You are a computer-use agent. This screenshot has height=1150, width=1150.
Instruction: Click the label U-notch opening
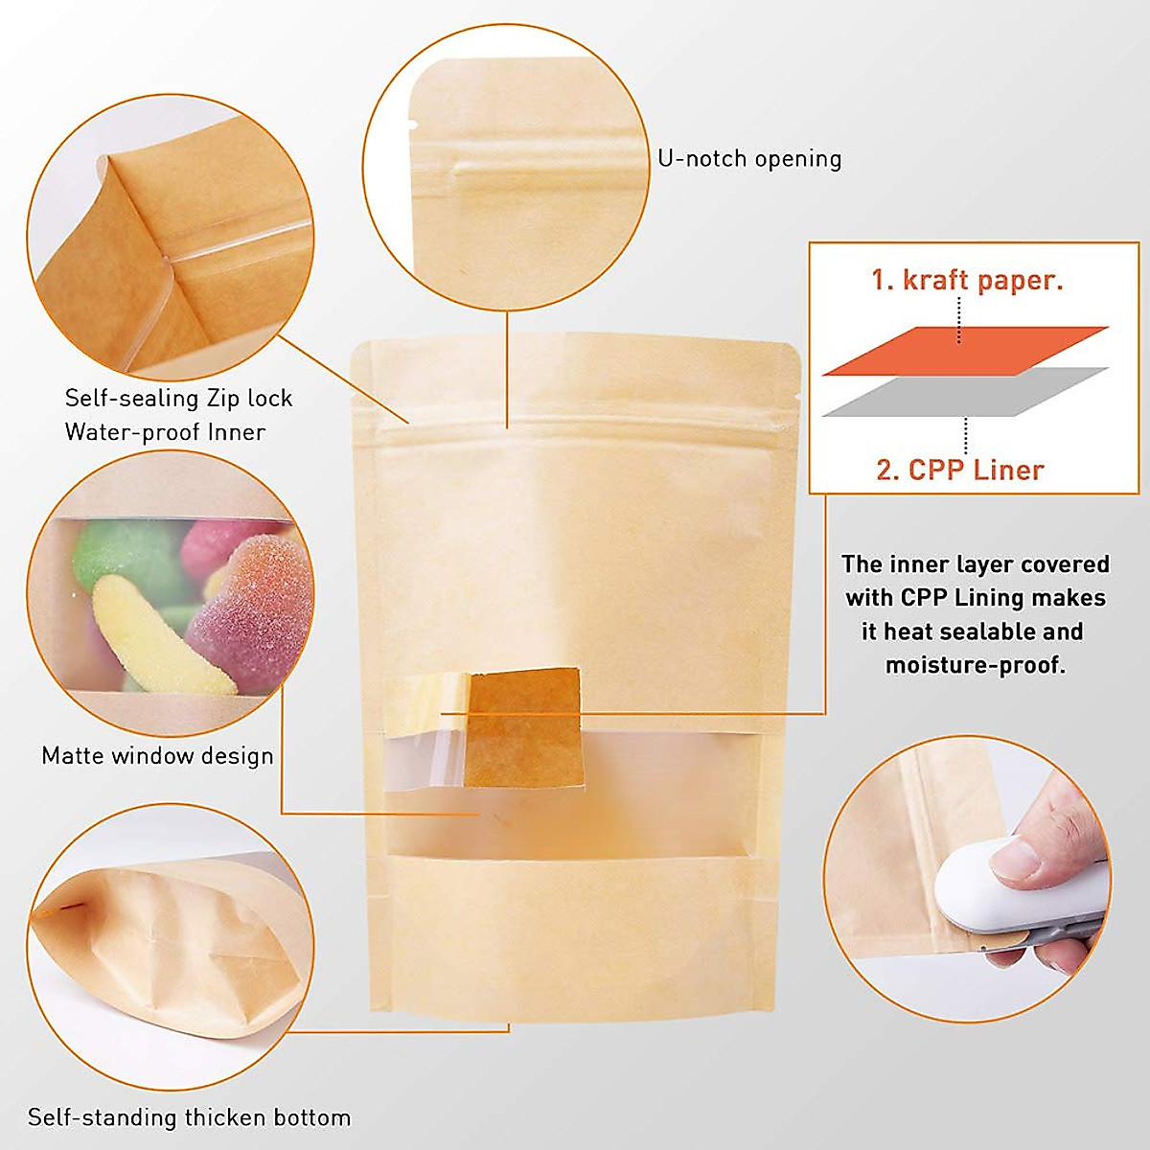749,159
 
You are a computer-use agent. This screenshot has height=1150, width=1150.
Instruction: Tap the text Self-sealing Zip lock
178,399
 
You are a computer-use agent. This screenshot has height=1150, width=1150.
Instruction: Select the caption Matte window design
157,756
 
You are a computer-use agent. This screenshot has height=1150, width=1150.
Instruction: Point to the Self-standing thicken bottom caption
189,1117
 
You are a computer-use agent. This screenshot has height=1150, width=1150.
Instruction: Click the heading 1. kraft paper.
967,281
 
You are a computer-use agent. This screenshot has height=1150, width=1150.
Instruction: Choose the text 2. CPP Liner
960,471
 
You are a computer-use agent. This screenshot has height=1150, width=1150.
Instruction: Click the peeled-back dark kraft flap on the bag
525,725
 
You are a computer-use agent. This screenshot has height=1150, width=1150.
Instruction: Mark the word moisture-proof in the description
975,665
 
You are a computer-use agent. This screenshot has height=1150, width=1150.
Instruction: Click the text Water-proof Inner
165,432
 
